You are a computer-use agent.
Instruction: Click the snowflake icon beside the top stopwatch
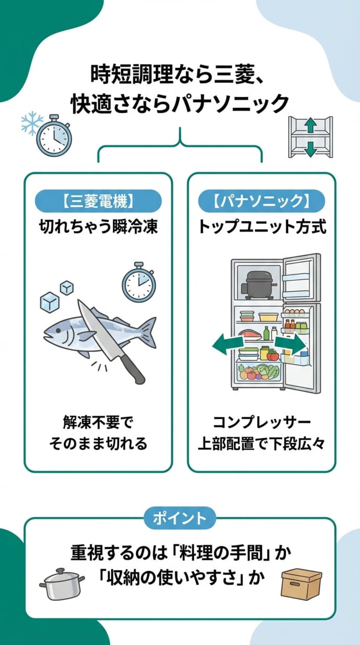[32, 123]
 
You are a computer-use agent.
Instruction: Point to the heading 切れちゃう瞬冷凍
[98, 227]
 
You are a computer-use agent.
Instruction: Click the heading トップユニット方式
[262, 227]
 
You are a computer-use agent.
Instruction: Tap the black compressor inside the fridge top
[259, 285]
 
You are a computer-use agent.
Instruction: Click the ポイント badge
[180, 518]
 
